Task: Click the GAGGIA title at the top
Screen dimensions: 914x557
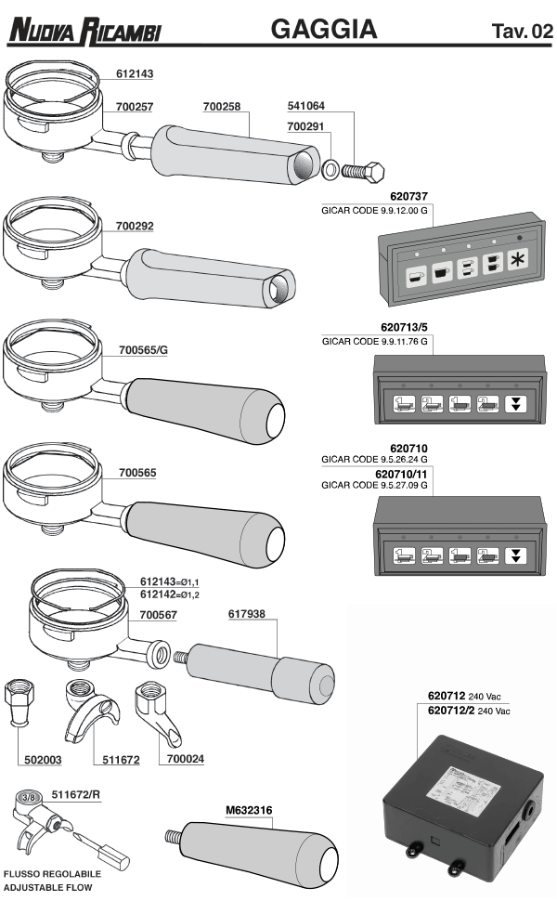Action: pyautogui.click(x=323, y=30)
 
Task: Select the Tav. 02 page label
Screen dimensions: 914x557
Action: pyautogui.click(x=523, y=33)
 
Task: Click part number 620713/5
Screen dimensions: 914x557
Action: pyautogui.click(x=408, y=328)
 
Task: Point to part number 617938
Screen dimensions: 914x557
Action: pyautogui.click(x=247, y=614)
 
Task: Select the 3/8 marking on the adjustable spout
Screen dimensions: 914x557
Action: pyautogui.click(x=29, y=795)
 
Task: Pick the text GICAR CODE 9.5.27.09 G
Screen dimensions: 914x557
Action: pyautogui.click(x=373, y=485)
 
